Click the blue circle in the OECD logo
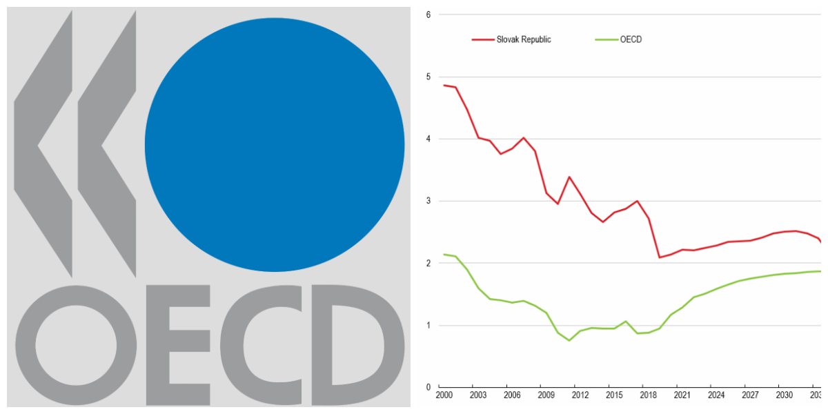(x=274, y=144)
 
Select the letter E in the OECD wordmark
(x=177, y=344)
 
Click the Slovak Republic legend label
(x=524, y=39)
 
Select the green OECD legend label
(x=631, y=39)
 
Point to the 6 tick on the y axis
(x=428, y=14)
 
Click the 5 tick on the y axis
(x=428, y=77)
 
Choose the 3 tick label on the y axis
(x=428, y=201)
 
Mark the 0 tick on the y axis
(x=428, y=387)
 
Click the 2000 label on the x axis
(x=444, y=395)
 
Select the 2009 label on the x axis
(x=545, y=395)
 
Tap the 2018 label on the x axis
(x=647, y=395)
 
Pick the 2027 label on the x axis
(x=749, y=395)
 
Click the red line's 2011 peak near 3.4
(x=569, y=177)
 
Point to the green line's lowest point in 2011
(x=569, y=340)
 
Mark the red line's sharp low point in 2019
(x=660, y=257)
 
